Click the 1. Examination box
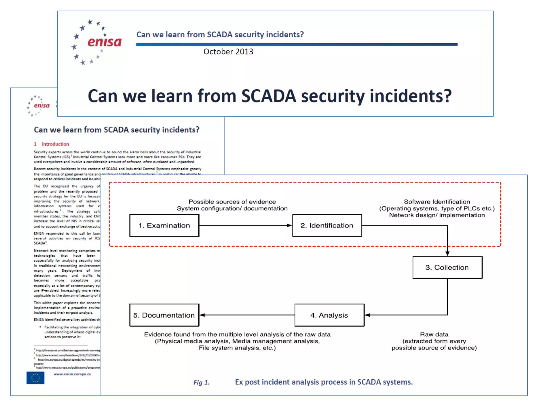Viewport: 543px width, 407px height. click(x=164, y=225)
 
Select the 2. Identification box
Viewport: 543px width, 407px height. click(x=327, y=225)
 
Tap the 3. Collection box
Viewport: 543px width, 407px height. click(x=447, y=267)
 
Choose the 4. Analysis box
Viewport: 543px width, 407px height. click(x=329, y=315)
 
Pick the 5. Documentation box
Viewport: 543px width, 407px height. click(x=164, y=315)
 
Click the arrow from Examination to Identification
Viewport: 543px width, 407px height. click(x=246, y=225)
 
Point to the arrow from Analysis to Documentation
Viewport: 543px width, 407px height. click(x=247, y=315)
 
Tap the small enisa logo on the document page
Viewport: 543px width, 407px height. click(x=39, y=106)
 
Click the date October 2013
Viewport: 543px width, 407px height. click(x=228, y=52)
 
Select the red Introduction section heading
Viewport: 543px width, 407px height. click(x=55, y=144)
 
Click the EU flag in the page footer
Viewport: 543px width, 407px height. click(x=35, y=378)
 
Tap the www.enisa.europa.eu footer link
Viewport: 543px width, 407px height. click(x=72, y=374)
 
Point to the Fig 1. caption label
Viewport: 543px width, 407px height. click(x=202, y=382)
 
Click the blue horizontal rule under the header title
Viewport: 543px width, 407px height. click(x=297, y=44)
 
